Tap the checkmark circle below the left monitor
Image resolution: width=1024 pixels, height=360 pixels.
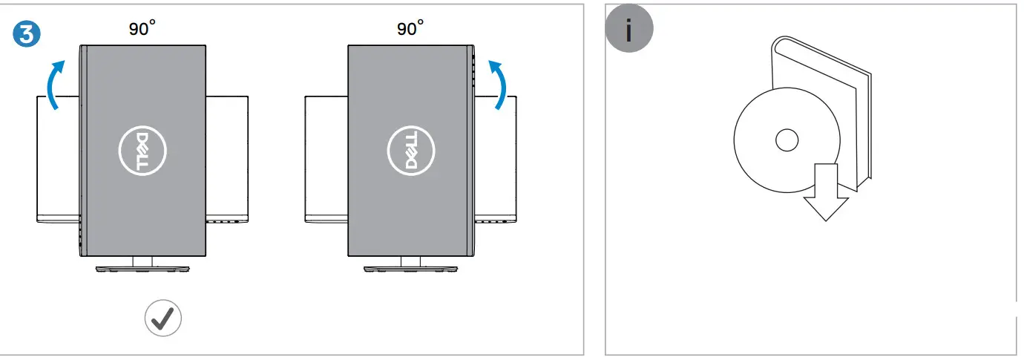(x=163, y=318)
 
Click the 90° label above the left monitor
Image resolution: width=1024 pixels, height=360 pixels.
(x=141, y=29)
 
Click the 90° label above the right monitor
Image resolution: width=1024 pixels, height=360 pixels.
(x=410, y=29)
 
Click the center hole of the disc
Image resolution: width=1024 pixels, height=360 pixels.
(x=786, y=139)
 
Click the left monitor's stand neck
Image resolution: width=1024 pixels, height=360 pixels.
(x=142, y=261)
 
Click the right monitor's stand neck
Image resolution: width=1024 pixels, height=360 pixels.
(x=411, y=261)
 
